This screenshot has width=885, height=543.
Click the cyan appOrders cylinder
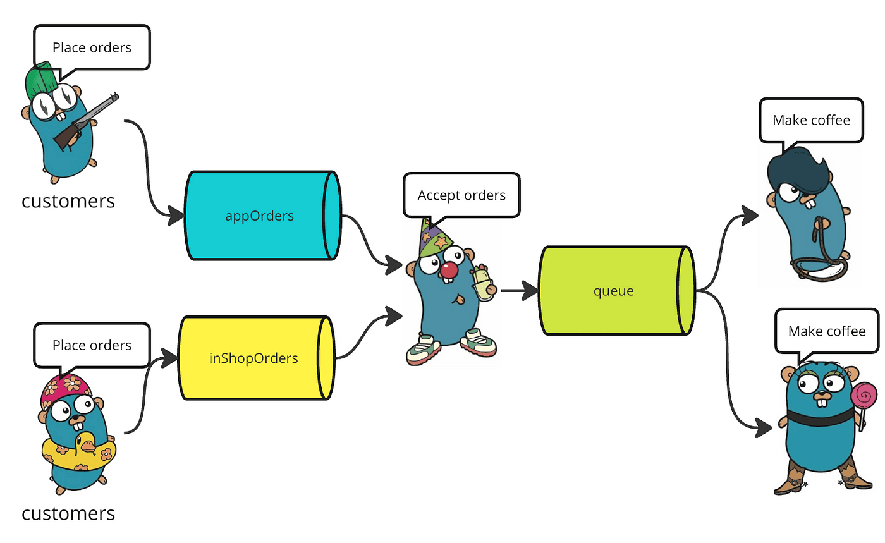click(259, 216)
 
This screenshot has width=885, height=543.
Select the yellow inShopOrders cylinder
click(253, 358)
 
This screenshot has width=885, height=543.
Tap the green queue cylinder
click(613, 291)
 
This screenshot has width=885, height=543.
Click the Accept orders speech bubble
click(461, 195)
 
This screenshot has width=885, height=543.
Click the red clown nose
click(449, 270)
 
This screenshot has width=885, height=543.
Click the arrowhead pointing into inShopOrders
click(169, 358)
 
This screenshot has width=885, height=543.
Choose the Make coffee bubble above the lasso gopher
click(811, 119)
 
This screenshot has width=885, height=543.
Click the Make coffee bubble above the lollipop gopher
click(826, 331)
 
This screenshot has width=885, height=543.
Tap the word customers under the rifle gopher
click(68, 201)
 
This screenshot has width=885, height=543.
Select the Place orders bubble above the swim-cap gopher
click(92, 345)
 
